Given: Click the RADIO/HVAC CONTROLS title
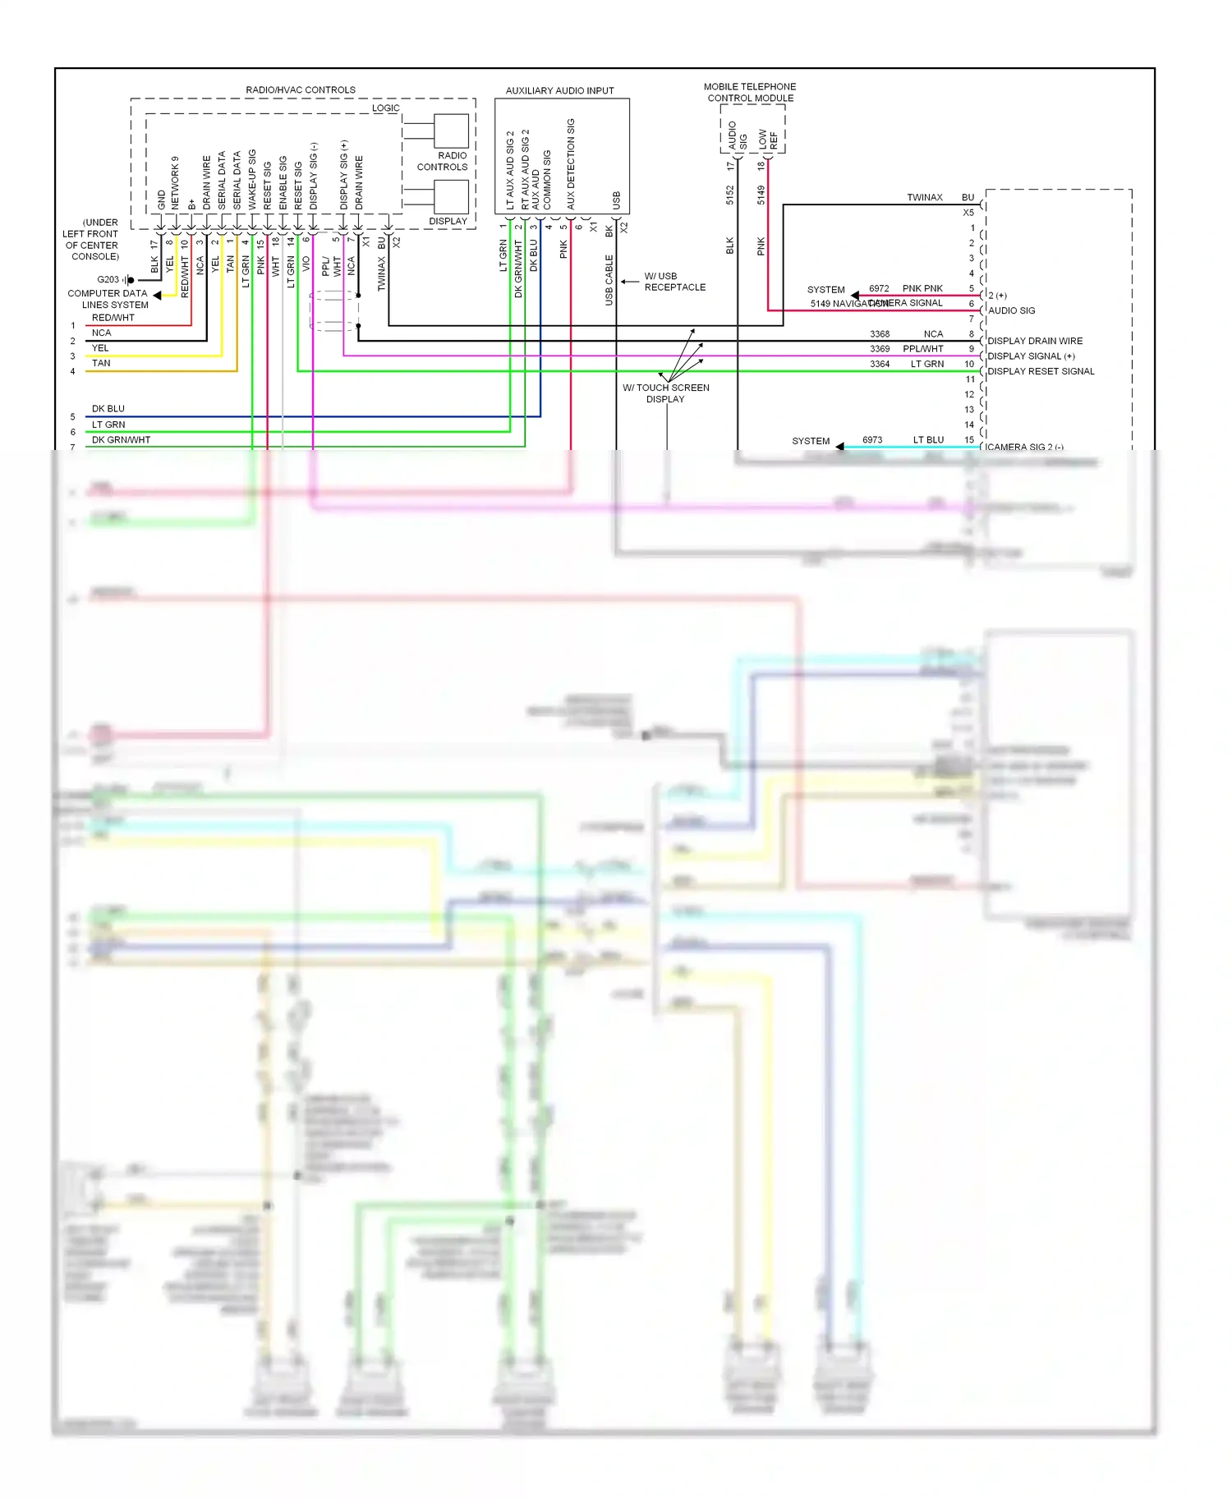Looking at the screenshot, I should (x=301, y=90).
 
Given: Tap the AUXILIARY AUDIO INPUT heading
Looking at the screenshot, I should (x=559, y=90).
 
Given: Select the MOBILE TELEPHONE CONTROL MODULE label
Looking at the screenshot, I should (x=750, y=92).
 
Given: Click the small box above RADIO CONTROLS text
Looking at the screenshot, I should (x=451, y=131).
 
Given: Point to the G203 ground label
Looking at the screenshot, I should (x=108, y=279).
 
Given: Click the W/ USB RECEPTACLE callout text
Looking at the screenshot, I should (x=674, y=282).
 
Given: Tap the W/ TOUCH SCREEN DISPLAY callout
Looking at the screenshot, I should (x=665, y=393).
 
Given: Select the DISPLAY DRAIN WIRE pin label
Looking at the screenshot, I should (x=1035, y=341).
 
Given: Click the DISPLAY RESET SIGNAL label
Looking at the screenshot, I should (x=1041, y=371).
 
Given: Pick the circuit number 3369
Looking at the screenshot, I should (x=880, y=349).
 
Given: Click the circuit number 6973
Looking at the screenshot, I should (x=872, y=440).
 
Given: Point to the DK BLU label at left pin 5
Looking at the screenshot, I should (x=108, y=408).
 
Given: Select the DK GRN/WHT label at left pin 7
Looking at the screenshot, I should (x=121, y=439).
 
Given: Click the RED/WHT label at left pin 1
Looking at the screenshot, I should (x=113, y=317).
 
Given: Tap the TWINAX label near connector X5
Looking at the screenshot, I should (x=924, y=197).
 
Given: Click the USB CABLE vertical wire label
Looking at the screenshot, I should (x=609, y=280).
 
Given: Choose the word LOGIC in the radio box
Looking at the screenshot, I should (x=385, y=108).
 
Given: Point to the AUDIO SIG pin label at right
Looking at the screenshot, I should (x=1011, y=310).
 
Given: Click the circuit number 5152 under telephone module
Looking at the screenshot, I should (x=729, y=195).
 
